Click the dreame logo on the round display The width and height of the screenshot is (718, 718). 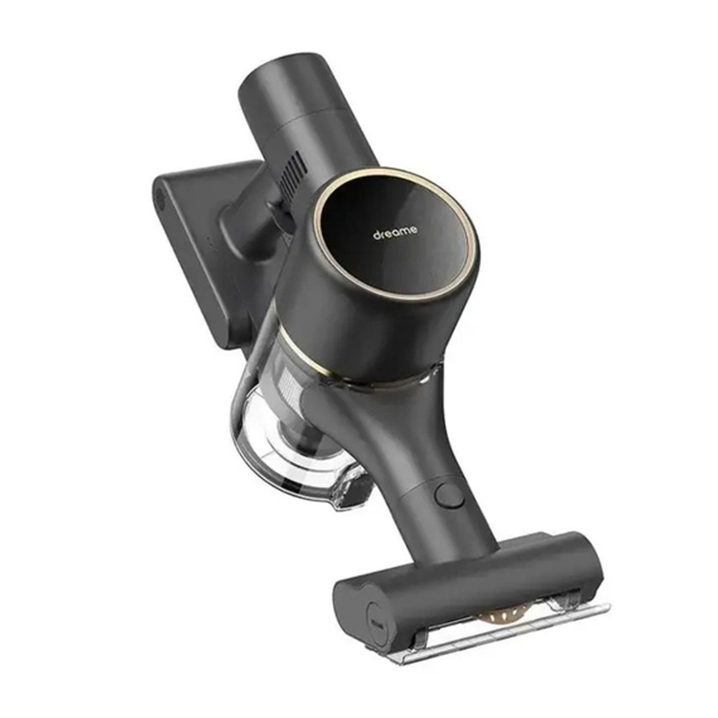point(395,233)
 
